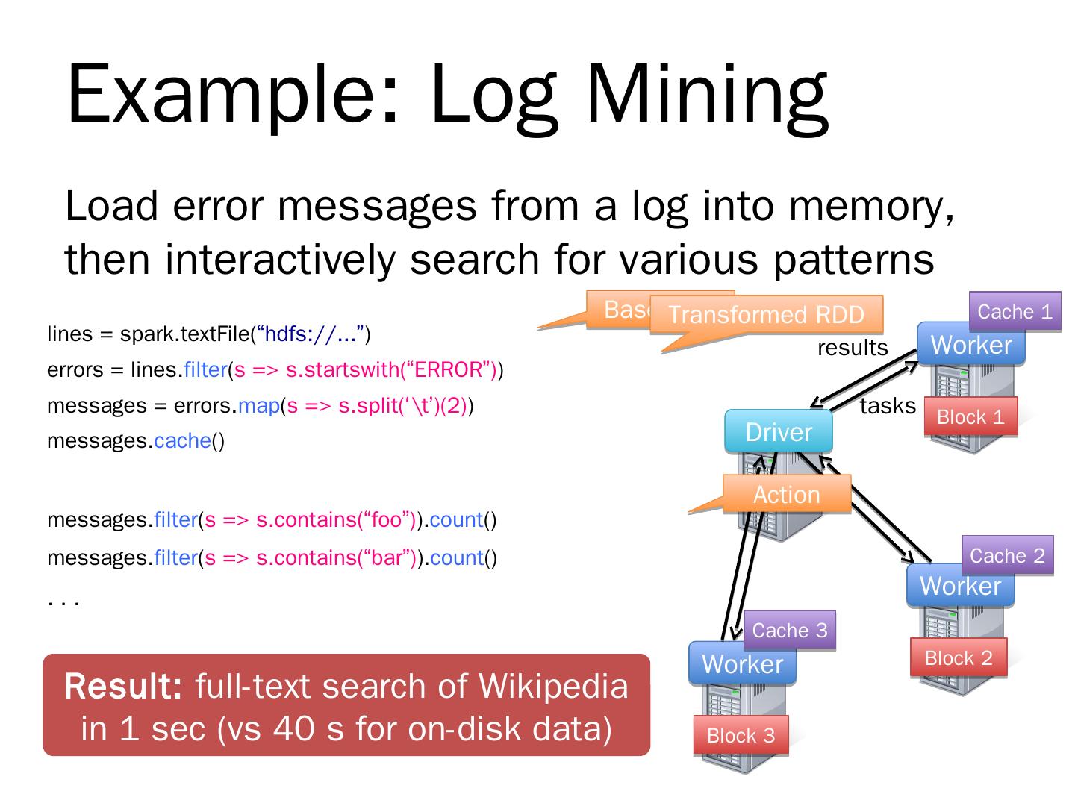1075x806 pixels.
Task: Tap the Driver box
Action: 778,432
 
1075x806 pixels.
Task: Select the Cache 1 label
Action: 1015,311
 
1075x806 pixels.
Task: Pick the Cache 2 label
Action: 1007,555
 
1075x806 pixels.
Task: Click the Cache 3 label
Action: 789,630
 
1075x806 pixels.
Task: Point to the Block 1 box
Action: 970,416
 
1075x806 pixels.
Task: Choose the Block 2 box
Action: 959,657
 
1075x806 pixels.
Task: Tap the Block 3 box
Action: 741,735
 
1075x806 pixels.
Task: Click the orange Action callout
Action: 786,494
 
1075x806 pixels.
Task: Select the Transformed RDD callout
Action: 766,314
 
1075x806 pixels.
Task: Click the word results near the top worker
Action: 853,348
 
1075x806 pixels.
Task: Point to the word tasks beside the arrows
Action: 888,406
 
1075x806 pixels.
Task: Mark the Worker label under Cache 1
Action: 970,345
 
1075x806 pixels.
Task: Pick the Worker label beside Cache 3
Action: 742,663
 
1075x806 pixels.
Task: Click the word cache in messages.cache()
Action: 182,441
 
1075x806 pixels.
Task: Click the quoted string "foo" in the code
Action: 387,519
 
